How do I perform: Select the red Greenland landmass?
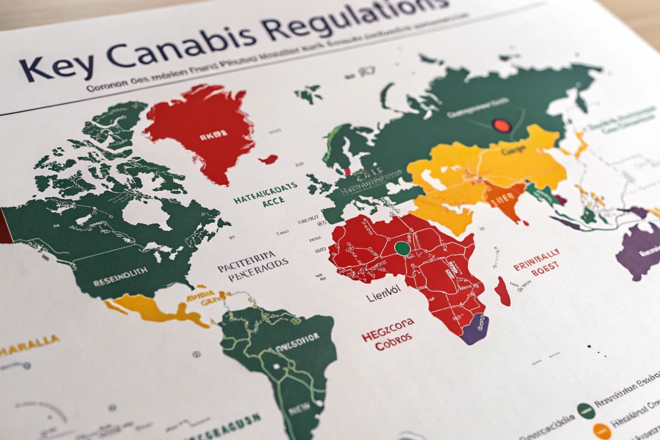tap(201, 129)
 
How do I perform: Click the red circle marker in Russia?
tap(501, 125)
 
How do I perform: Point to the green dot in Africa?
tap(403, 248)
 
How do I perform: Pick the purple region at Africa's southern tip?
tap(475, 329)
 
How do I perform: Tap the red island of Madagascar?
tap(503, 291)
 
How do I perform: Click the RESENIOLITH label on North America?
tap(120, 269)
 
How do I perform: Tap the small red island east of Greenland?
tap(268, 159)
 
